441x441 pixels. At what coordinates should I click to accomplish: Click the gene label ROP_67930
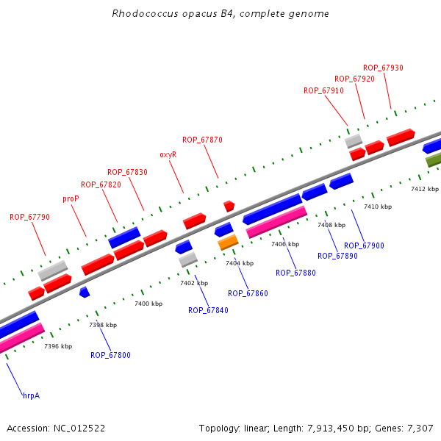(383, 68)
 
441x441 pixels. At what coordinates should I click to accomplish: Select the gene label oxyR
(168, 155)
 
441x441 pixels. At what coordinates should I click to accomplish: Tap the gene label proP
(71, 198)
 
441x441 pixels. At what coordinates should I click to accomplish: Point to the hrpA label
(31, 395)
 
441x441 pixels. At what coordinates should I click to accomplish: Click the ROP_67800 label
(110, 355)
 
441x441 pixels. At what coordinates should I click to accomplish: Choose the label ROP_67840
(208, 310)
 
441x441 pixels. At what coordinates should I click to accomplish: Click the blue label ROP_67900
(364, 245)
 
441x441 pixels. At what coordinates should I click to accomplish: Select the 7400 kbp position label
(148, 304)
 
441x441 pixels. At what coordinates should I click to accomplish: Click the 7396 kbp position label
(58, 346)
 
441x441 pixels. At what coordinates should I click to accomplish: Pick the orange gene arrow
(228, 242)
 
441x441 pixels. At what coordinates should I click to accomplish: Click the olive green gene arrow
(433, 159)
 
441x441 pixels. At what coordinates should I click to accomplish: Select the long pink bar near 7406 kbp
(276, 222)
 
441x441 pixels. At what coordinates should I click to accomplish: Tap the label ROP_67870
(202, 140)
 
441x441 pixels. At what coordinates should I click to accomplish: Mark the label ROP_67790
(29, 217)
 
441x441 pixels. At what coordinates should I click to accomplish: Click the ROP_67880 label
(295, 273)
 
